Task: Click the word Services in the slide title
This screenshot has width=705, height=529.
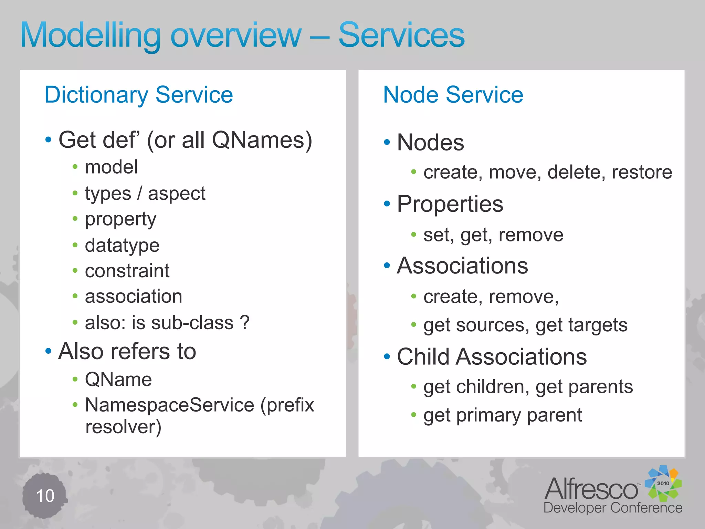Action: point(401,35)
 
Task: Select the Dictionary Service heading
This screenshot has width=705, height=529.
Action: point(139,95)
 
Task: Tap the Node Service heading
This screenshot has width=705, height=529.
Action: point(453,95)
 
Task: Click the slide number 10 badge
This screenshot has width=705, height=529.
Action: point(45,496)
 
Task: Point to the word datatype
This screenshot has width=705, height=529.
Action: point(122,246)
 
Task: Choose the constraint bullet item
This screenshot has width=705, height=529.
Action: point(127,271)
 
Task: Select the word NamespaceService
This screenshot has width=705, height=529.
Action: point(169,405)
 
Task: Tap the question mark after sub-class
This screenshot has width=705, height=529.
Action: point(244,323)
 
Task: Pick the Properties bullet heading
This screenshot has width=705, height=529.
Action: point(450,204)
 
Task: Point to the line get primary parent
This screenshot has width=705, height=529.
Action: point(503,415)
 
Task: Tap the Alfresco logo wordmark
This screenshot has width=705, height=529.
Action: point(591,489)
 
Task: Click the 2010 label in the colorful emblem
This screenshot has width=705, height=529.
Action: point(663,483)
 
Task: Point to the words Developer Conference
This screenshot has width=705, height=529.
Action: point(613,508)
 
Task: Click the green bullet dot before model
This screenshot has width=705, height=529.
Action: point(75,167)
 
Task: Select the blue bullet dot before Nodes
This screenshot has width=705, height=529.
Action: point(387,142)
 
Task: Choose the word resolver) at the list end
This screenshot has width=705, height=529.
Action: point(123,427)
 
